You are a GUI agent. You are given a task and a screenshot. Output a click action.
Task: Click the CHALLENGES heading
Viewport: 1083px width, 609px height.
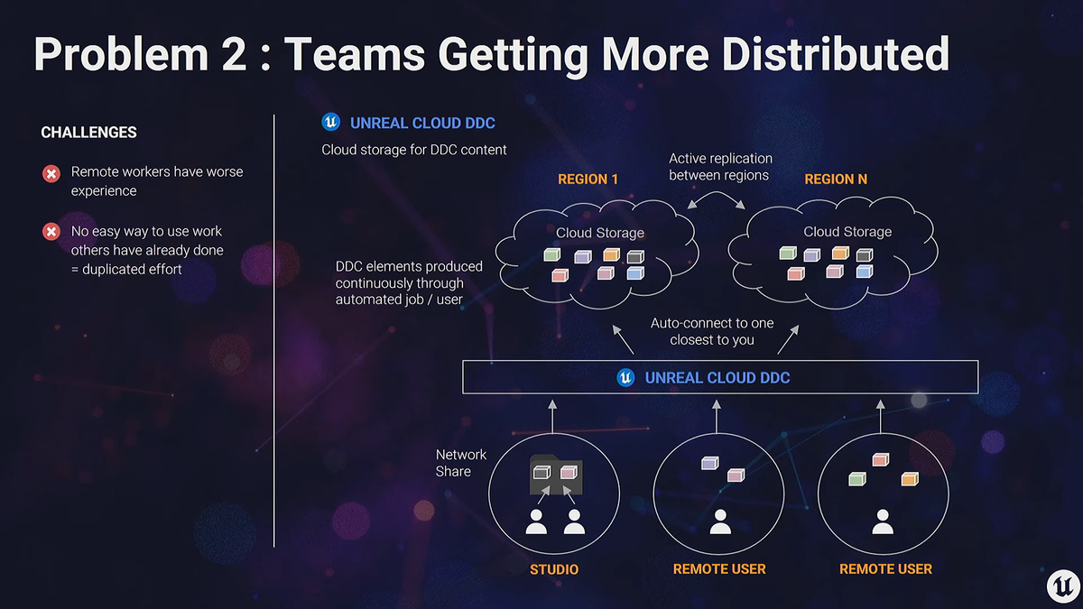pyautogui.click(x=88, y=132)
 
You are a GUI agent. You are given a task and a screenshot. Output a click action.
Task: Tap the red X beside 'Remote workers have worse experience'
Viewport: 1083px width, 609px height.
pyautogui.click(x=51, y=173)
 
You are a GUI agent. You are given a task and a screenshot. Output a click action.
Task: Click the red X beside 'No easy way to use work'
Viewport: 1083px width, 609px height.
pyautogui.click(x=51, y=232)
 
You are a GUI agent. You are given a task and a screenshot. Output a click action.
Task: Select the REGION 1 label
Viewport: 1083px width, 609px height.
pyautogui.click(x=588, y=180)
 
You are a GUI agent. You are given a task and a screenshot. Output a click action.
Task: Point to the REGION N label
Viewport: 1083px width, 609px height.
pyautogui.click(x=836, y=180)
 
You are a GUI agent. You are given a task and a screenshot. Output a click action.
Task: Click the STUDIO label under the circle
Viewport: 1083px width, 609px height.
pyautogui.click(x=554, y=569)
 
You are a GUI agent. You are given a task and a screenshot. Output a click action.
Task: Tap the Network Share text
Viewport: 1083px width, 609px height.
pyautogui.click(x=461, y=463)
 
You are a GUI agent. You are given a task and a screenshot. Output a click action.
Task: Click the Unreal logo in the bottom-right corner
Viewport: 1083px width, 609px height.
pyautogui.click(x=1062, y=586)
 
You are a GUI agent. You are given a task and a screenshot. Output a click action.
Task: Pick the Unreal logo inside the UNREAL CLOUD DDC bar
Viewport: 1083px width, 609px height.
pyautogui.click(x=625, y=377)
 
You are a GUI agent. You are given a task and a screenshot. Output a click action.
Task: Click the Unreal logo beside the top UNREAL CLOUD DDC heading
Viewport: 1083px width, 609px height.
pyautogui.click(x=331, y=122)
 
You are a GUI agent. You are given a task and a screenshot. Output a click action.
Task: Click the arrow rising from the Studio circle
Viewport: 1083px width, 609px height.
pyautogui.click(x=552, y=416)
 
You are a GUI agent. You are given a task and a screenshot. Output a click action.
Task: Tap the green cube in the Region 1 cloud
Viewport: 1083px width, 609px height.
pyautogui.click(x=552, y=254)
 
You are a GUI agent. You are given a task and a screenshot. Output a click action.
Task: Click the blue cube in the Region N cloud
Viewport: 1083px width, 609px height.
pyautogui.click(x=865, y=272)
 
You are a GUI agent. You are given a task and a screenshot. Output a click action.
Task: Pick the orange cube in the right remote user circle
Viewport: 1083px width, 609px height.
pyautogui.click(x=910, y=479)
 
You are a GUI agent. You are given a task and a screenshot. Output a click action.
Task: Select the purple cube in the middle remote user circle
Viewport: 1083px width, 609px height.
pyautogui.click(x=709, y=463)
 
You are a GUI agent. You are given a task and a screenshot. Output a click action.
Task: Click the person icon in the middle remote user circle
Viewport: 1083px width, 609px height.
pyautogui.click(x=720, y=521)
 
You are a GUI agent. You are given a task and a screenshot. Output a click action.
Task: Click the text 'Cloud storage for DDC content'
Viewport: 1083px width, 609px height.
pyautogui.click(x=414, y=150)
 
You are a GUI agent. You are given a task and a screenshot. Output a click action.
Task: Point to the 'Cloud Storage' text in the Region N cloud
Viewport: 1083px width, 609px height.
pyautogui.click(x=847, y=232)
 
